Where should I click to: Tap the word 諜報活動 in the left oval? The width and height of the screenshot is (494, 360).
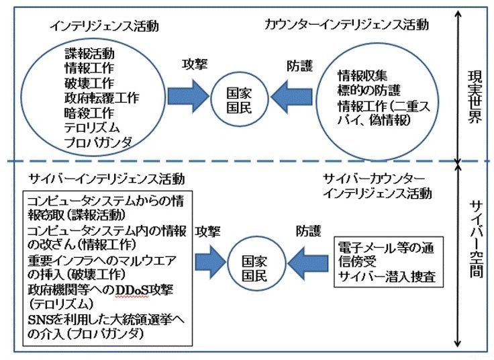89,53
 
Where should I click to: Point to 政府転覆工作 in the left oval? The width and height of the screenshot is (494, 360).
102,97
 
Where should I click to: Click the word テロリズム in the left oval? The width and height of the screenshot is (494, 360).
91,127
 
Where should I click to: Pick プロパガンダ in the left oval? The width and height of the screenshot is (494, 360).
98,142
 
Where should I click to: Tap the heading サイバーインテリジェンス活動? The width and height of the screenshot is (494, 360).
106,179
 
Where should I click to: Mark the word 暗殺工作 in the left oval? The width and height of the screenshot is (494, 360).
89,112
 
